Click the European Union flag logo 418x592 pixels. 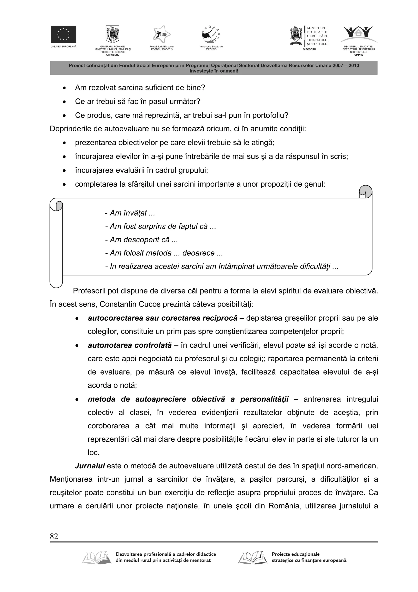[x=63, y=34]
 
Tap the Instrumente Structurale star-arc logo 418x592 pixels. [x=211, y=35]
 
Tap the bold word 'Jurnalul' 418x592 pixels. [x=90, y=466]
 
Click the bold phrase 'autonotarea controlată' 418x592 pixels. [x=130, y=345]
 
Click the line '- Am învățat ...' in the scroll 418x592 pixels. [x=130, y=213]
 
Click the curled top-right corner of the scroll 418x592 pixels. [x=366, y=191]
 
